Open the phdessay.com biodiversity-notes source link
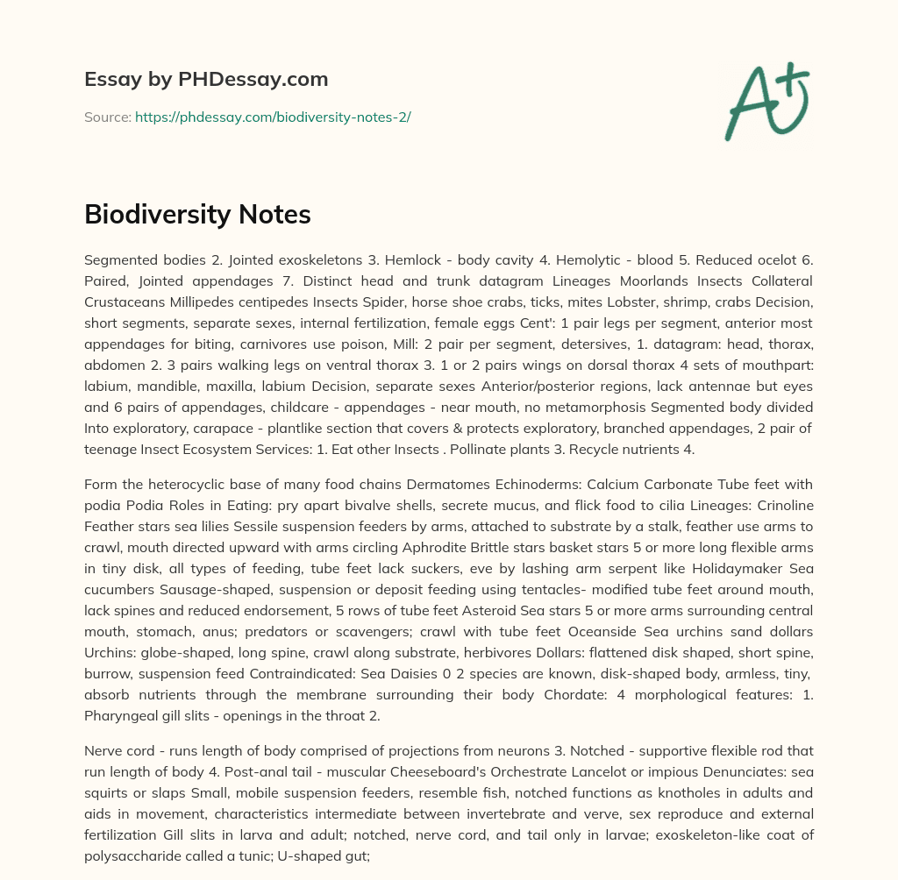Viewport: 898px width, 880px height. tap(273, 117)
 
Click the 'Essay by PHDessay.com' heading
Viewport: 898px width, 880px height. tap(206, 79)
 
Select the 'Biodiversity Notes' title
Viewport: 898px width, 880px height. tap(197, 214)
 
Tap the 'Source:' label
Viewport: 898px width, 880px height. tap(107, 117)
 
